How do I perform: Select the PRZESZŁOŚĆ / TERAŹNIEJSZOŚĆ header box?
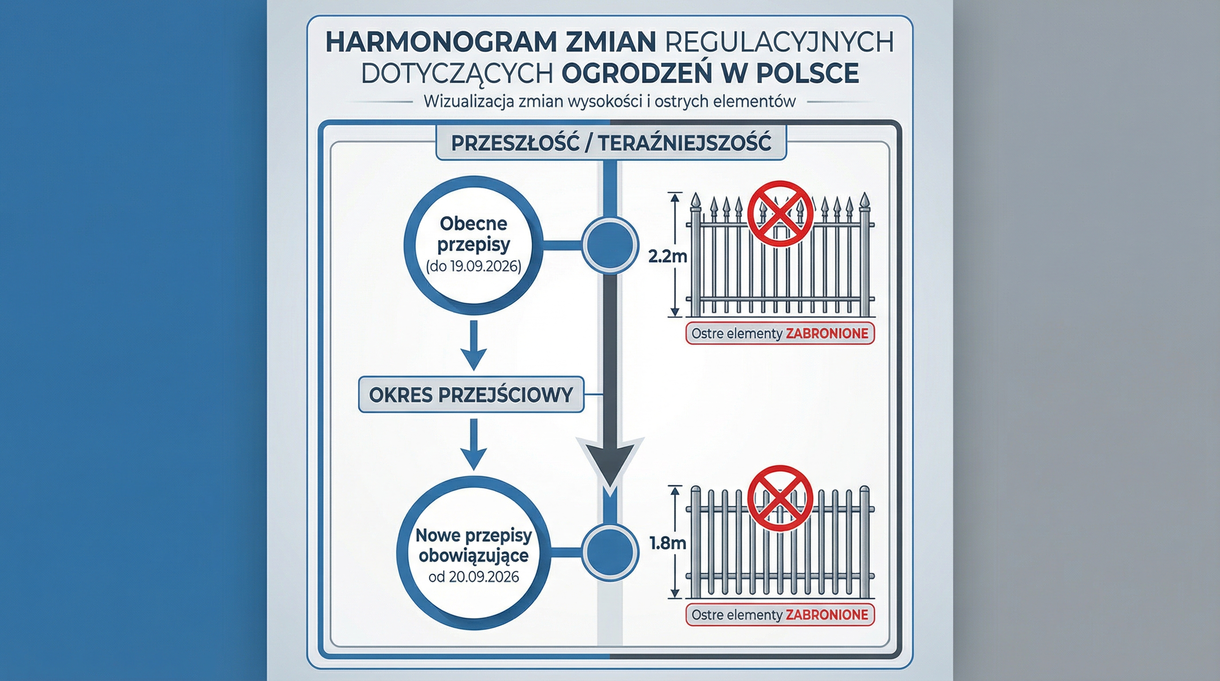point(611,143)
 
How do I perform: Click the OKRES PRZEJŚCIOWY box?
point(471,395)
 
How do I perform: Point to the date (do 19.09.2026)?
point(473,266)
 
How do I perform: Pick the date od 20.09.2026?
point(473,577)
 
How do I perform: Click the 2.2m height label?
point(667,257)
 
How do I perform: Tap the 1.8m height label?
point(668,543)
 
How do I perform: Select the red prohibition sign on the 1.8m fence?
point(780,498)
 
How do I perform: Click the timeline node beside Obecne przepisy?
point(610,245)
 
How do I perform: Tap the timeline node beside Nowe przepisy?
point(610,552)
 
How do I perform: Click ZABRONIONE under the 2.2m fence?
point(827,333)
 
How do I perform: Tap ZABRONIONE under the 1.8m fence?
point(827,614)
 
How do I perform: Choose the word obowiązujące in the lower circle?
point(473,555)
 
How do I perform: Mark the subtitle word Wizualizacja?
point(469,102)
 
